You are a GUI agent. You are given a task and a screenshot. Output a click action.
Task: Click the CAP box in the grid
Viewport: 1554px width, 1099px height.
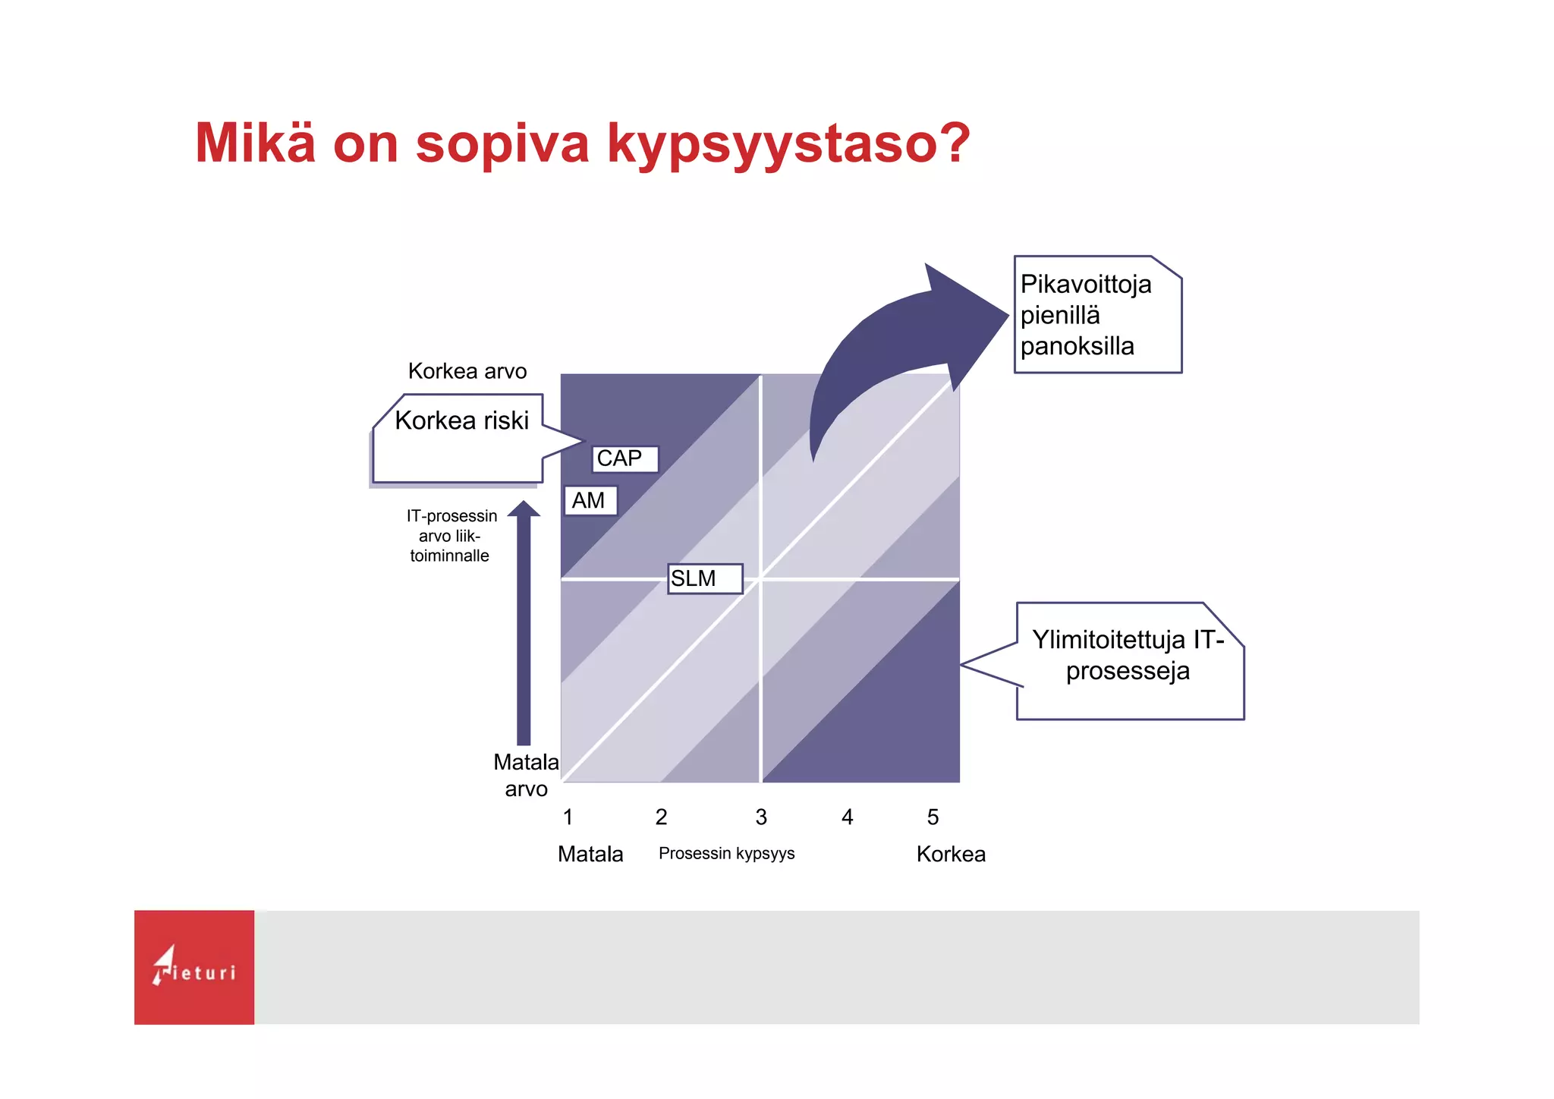point(624,459)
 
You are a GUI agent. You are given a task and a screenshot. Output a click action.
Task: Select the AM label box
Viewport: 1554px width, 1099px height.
point(590,501)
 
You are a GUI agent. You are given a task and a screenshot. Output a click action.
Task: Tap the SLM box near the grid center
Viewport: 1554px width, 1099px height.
point(704,578)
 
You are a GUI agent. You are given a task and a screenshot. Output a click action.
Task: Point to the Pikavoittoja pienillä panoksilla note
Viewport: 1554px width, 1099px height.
point(1097,315)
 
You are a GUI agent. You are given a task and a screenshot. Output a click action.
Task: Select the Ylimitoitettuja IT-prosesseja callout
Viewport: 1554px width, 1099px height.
point(1128,660)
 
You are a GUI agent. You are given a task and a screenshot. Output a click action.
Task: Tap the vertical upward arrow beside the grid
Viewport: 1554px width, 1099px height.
point(524,622)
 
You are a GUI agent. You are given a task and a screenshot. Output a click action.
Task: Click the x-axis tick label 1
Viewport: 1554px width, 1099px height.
point(568,817)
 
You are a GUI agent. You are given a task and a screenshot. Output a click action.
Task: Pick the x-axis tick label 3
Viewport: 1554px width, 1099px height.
point(761,817)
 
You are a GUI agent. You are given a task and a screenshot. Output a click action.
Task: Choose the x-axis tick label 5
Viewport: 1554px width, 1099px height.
point(933,817)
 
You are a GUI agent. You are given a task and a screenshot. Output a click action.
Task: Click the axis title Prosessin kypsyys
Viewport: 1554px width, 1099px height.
point(726,854)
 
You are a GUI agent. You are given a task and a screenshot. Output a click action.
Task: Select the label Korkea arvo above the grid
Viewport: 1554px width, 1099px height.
point(467,371)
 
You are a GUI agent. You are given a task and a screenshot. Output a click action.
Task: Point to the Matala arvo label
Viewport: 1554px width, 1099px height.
point(526,775)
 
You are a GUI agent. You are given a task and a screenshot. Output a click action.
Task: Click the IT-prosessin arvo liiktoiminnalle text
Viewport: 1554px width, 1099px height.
point(451,536)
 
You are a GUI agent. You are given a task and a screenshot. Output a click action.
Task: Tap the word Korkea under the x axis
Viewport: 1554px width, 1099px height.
point(950,855)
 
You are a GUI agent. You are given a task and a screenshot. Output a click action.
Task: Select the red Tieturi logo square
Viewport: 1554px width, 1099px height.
point(194,967)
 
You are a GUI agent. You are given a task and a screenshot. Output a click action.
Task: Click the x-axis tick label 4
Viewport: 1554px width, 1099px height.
point(848,817)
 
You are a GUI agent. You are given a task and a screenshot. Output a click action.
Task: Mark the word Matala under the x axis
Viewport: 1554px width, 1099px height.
point(590,855)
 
